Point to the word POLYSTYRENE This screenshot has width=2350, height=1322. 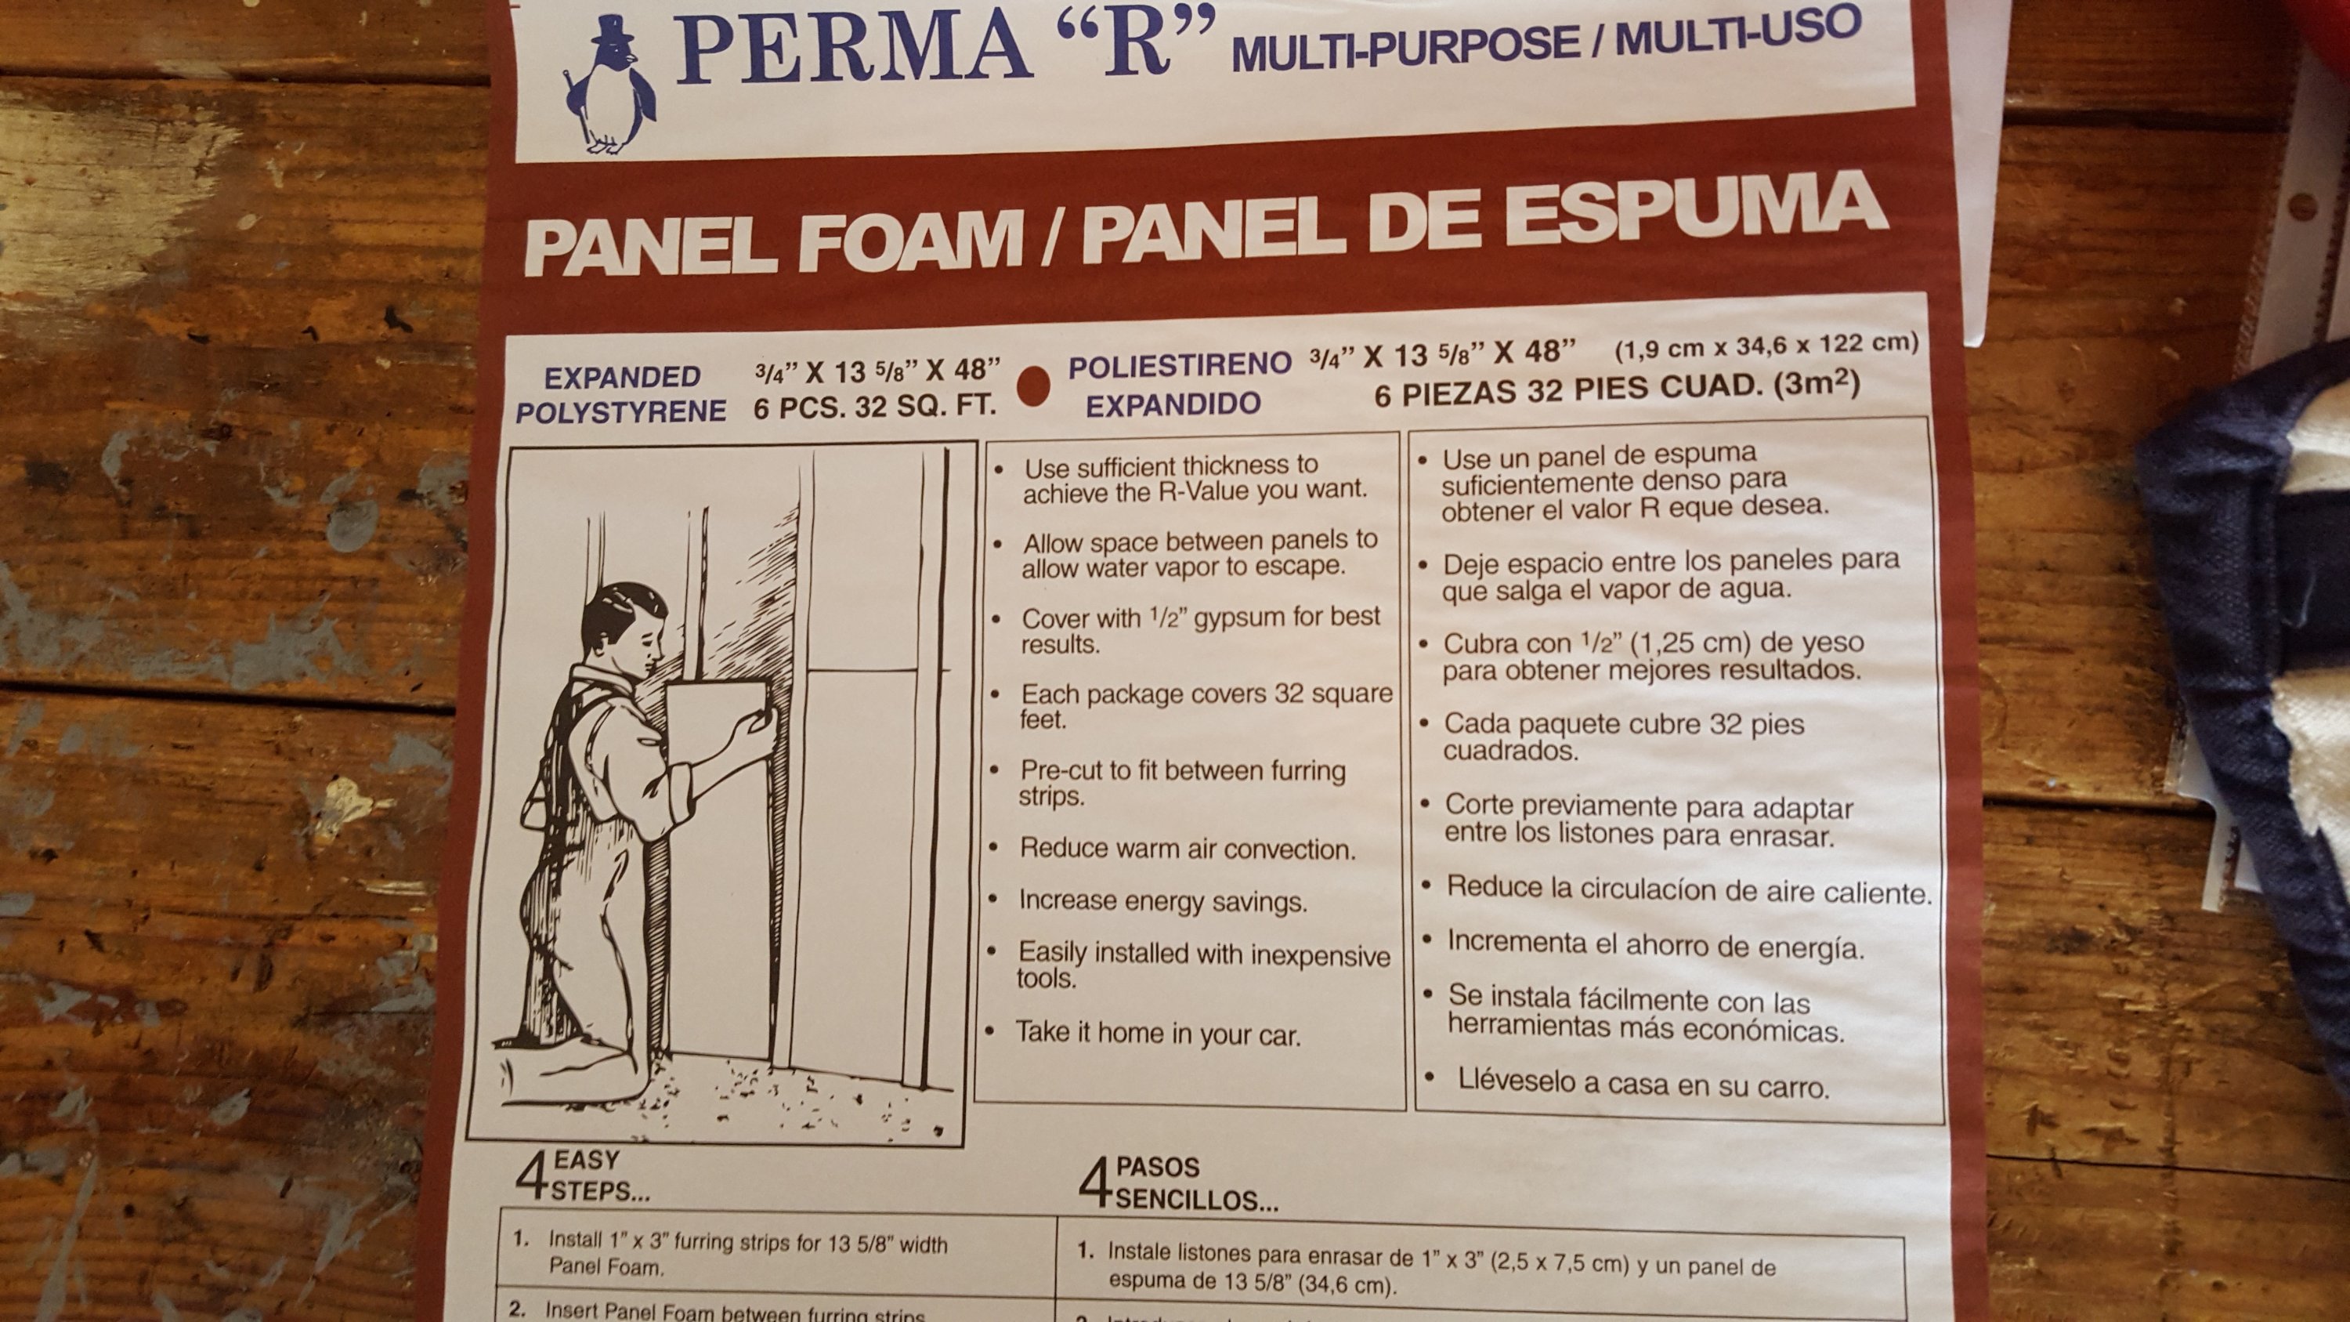click(620, 411)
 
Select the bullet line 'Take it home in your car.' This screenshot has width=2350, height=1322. click(1158, 1033)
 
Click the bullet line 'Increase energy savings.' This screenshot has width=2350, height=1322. click(1163, 900)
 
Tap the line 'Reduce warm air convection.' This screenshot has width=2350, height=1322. click(1188, 849)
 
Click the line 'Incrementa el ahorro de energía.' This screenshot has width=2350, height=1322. click(1655, 944)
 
